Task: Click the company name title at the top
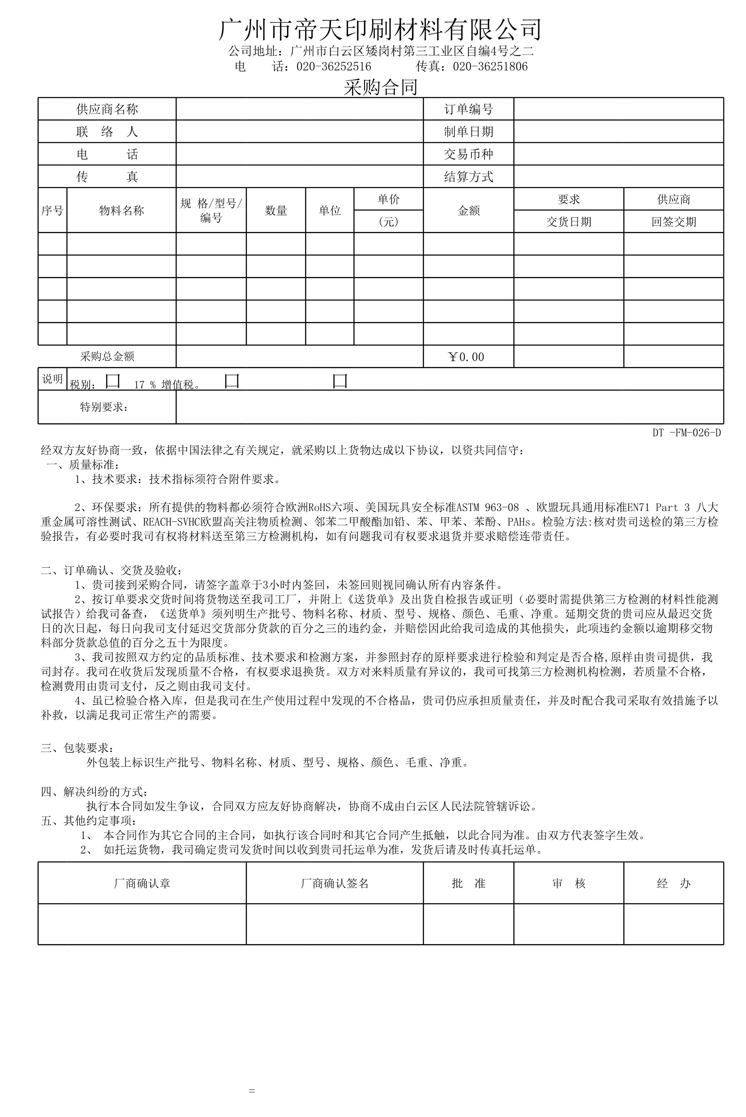(380, 30)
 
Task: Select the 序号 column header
(52, 210)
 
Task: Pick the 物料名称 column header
(121, 210)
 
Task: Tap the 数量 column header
(276, 210)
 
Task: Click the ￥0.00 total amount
(466, 357)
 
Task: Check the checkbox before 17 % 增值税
(113, 381)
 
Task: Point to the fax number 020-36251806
(490, 66)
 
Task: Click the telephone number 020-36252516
(334, 66)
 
